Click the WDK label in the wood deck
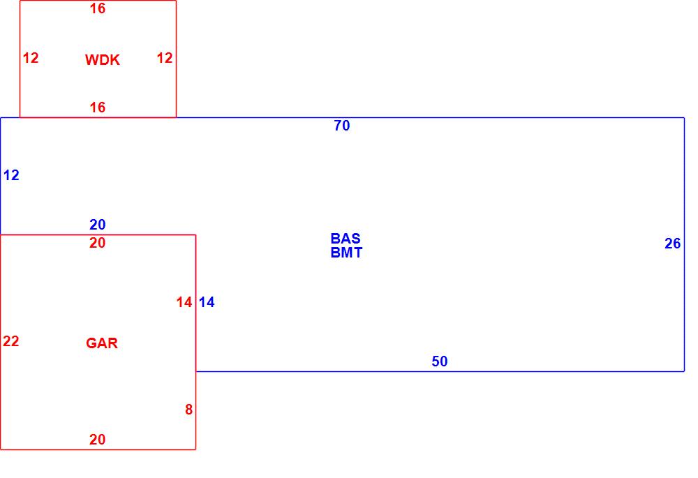tap(103, 60)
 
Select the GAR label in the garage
tap(102, 343)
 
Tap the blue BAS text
tap(346, 239)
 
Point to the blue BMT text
tap(346, 253)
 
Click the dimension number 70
tap(342, 126)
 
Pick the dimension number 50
tap(440, 361)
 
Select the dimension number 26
tap(672, 244)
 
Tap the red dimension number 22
tap(11, 341)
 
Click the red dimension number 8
tap(188, 410)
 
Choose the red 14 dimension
tap(184, 303)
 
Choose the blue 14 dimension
tap(207, 303)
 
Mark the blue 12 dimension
tap(11, 176)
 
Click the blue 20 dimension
tap(98, 225)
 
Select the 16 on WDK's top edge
tap(98, 9)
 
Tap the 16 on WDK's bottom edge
tap(98, 107)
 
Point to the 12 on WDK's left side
tap(31, 59)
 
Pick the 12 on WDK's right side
tap(164, 59)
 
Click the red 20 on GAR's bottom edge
tap(98, 440)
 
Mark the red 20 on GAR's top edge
tap(98, 244)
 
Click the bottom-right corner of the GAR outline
tap(195, 449)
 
